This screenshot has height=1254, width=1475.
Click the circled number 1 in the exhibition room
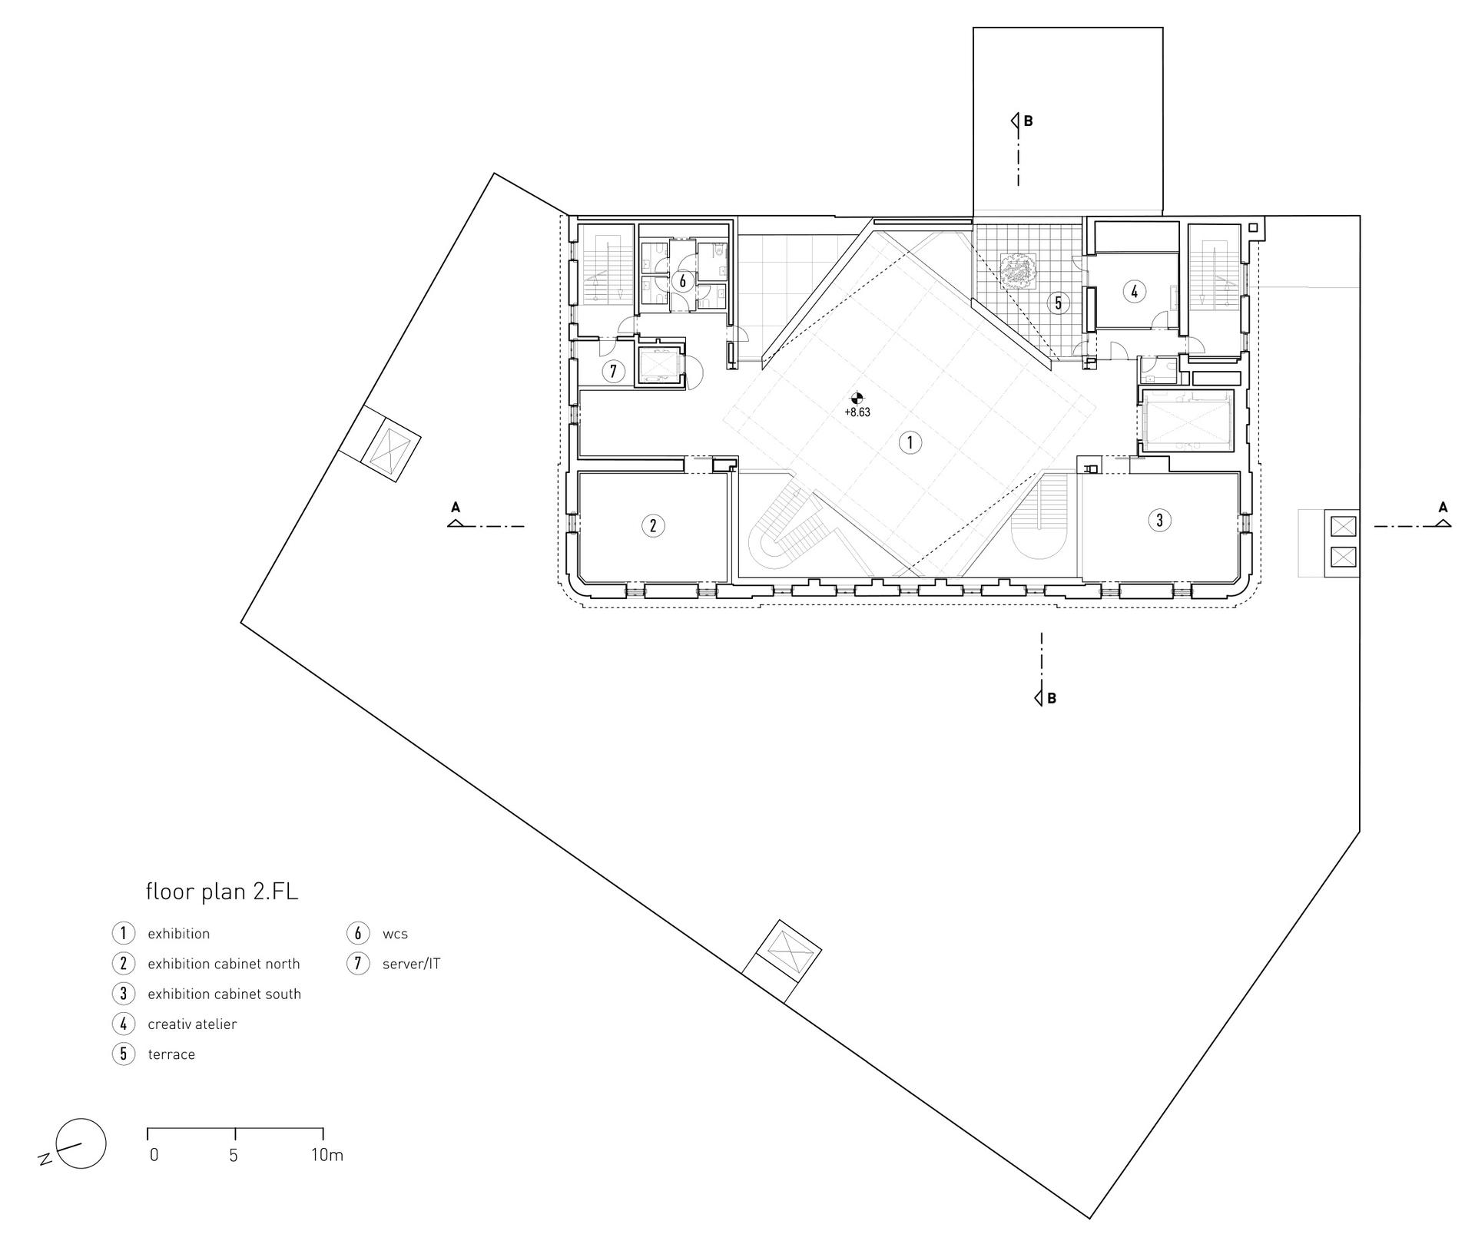[910, 442]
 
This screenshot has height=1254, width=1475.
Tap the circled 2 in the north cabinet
[653, 526]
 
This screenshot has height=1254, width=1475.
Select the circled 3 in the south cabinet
[1159, 520]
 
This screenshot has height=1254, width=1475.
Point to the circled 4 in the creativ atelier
[1134, 291]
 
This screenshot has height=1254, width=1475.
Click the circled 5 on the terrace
[1058, 303]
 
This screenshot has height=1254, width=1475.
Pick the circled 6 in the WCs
[682, 281]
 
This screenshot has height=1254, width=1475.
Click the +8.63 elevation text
[857, 412]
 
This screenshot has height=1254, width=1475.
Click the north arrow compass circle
[81, 1143]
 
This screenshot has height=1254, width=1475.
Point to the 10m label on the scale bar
[327, 1155]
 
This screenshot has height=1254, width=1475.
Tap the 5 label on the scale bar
[234, 1155]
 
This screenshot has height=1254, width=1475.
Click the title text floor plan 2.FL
[222, 892]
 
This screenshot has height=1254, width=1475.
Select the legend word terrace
[171, 1054]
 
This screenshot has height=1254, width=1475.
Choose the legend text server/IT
[412, 964]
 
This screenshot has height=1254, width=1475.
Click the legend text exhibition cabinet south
[224, 994]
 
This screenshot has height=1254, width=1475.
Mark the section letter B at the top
[1029, 121]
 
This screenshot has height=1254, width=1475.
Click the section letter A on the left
[456, 507]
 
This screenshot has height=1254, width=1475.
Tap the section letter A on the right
[1443, 507]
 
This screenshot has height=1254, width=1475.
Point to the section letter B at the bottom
[1052, 699]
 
